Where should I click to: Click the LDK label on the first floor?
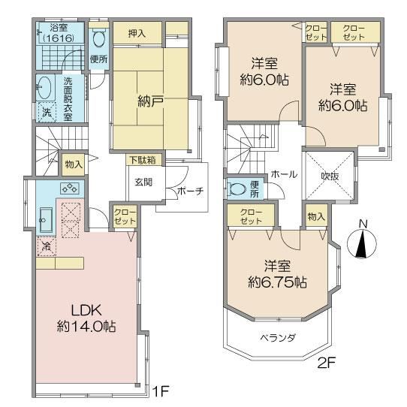[x=86, y=310]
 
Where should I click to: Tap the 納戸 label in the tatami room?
[x=150, y=101]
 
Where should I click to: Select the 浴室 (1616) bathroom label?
[x=59, y=33]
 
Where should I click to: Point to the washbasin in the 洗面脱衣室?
[x=44, y=87]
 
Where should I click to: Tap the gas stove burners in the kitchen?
[x=69, y=188]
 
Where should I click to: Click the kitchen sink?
[x=46, y=220]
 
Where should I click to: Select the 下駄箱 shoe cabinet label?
[x=143, y=160]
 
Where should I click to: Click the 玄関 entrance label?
[x=143, y=182]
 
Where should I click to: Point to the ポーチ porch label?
[x=190, y=191]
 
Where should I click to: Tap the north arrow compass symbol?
[x=362, y=243]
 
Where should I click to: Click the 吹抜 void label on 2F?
[x=330, y=176]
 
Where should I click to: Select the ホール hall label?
[x=284, y=174]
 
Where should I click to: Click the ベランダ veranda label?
[x=278, y=338]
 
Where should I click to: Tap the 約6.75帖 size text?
[x=277, y=282]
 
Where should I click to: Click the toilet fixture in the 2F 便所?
[x=237, y=188]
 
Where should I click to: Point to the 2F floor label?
[x=327, y=363]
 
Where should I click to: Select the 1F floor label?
[x=161, y=391]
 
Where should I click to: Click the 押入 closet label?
[x=137, y=33]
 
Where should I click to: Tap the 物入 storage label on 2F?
[x=316, y=216]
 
